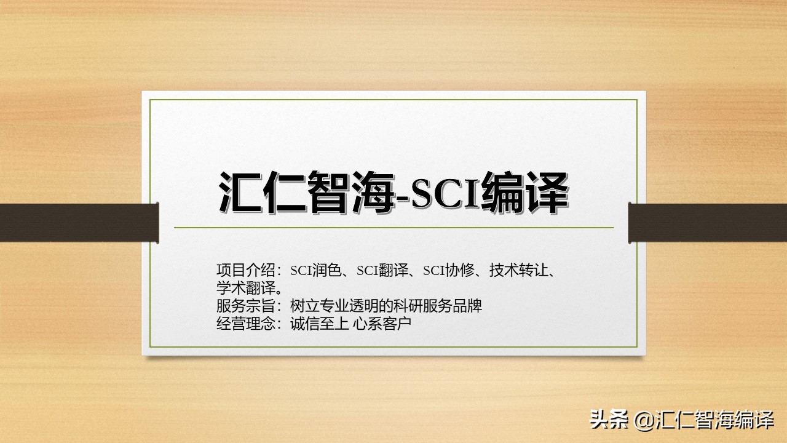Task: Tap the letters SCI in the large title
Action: [442, 193]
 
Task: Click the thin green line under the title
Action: [393, 228]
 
